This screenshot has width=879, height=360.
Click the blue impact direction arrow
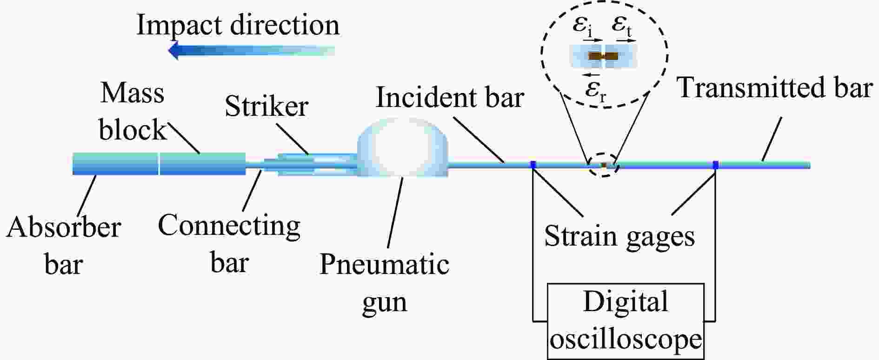(251, 50)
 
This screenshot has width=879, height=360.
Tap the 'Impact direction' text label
(238, 25)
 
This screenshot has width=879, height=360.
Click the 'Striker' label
(266, 106)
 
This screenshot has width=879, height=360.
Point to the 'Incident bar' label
(450, 98)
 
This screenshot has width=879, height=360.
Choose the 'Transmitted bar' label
(774, 87)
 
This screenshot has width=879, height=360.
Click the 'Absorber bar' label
(64, 246)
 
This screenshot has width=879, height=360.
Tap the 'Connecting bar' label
(229, 244)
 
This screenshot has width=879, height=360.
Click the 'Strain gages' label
(619, 236)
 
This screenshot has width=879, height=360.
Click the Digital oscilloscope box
(626, 321)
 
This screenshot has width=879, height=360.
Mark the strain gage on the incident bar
(533, 164)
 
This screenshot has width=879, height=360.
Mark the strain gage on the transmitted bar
(715, 164)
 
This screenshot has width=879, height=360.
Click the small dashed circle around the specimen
(603, 165)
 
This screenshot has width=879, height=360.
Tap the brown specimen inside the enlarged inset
(604, 56)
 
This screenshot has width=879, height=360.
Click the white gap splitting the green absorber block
(159, 164)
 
